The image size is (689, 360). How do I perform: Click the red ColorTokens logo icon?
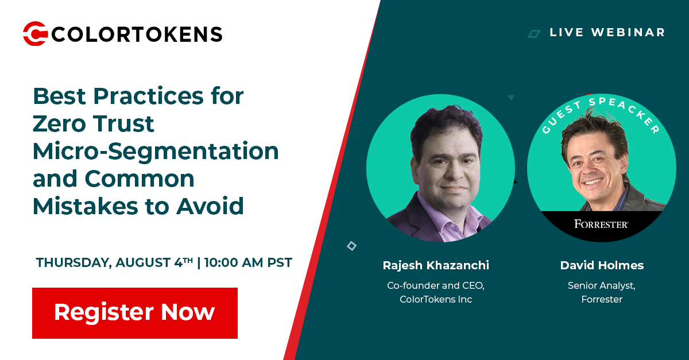pyautogui.click(x=35, y=33)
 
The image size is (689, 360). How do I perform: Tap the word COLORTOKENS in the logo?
pyautogui.click(x=137, y=34)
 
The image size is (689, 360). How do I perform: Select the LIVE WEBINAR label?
pyautogui.click(x=607, y=33)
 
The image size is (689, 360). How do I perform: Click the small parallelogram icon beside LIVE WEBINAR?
pyautogui.click(x=535, y=34)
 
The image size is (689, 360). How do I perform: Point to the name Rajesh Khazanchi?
pyautogui.click(x=436, y=265)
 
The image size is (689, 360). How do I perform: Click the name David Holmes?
pyautogui.click(x=602, y=265)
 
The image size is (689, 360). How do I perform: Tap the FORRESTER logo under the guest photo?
pyautogui.click(x=601, y=224)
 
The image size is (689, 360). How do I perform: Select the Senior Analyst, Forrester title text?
pyautogui.click(x=602, y=292)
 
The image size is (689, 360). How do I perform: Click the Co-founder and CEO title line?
pyautogui.click(x=436, y=285)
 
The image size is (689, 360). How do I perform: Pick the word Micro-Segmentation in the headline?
pyautogui.click(x=156, y=151)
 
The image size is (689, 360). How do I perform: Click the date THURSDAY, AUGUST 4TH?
pyautogui.click(x=114, y=263)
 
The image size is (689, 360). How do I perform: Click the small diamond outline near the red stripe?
pyautogui.click(x=351, y=246)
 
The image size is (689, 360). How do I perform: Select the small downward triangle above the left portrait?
pyautogui.click(x=510, y=98)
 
